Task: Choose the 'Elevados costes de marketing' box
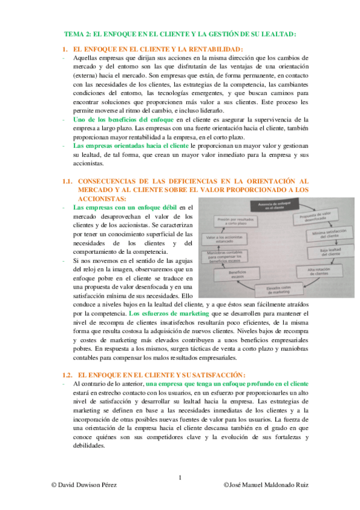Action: tap(278, 290)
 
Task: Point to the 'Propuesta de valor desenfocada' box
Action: tap(316, 218)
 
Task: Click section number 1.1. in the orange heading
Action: tap(68, 180)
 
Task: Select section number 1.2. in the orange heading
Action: tap(68, 373)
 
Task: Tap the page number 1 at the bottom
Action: tap(180, 478)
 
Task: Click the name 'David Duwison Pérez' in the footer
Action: tap(88, 485)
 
